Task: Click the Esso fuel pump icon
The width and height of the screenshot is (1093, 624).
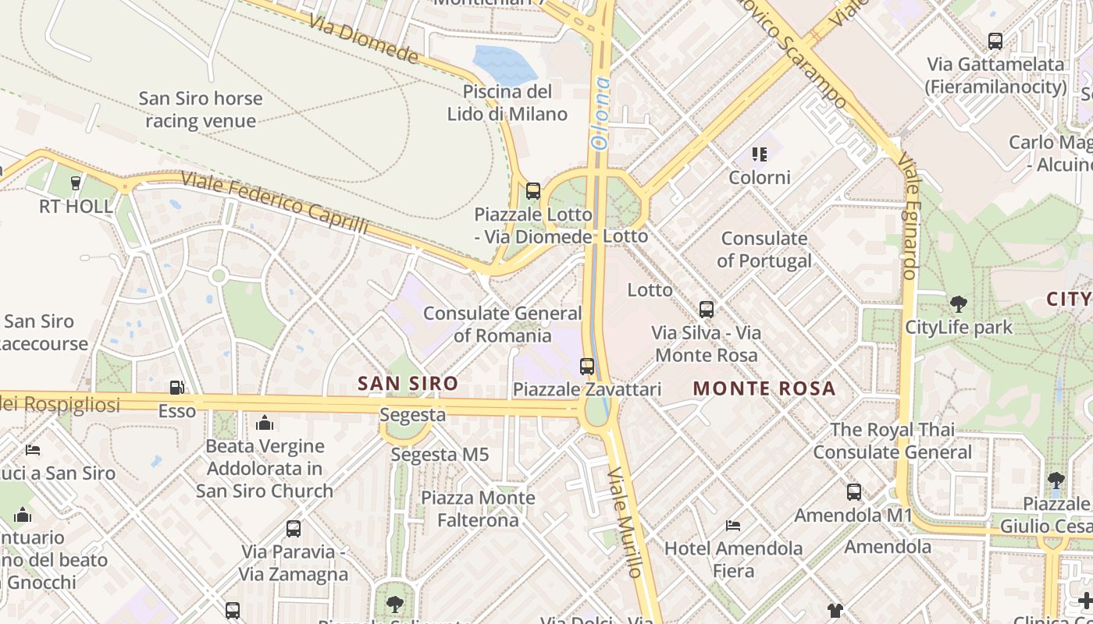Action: coord(177,387)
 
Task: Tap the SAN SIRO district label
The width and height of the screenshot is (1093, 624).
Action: coord(408,383)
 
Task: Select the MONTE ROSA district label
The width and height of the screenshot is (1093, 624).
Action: coord(764,388)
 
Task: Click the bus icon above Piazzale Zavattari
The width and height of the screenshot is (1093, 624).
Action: coord(586,366)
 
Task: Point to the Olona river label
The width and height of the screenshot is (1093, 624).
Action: coord(600,114)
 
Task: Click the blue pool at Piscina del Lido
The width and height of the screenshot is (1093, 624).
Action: coord(504,64)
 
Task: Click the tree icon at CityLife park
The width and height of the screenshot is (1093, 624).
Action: coord(958,303)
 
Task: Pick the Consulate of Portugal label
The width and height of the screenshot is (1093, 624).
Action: coord(764,250)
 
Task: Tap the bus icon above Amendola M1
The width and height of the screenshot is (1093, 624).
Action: coord(853,492)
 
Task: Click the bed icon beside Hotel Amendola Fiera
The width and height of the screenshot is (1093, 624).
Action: coord(732,525)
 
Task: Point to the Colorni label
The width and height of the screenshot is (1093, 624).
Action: coord(760,177)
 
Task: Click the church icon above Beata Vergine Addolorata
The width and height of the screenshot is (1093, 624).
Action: coord(265,423)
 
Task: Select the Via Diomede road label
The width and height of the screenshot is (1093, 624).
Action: coord(364,37)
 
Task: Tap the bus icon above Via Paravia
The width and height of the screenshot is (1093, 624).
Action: coord(293,528)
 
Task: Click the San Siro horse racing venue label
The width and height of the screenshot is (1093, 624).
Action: coord(201,110)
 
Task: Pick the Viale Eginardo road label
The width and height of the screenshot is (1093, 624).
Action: coord(909,215)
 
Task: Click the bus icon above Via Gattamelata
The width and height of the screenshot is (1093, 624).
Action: coord(995,41)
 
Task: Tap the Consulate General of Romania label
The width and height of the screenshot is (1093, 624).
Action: coord(502,324)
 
